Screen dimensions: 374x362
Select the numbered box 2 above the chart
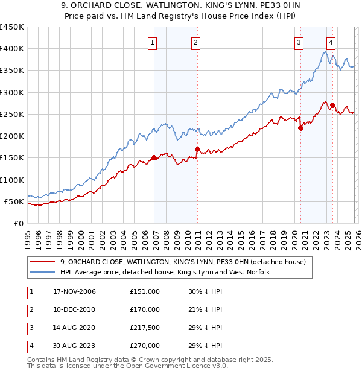(197, 42)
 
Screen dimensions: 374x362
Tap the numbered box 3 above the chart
(299, 42)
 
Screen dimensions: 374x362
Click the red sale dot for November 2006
(154, 157)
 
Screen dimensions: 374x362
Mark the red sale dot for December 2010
(197, 149)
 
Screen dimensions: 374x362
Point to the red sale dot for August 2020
(300, 128)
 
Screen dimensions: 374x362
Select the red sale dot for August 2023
(333, 105)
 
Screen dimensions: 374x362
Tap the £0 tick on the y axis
(19, 223)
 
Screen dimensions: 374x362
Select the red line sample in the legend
(43, 262)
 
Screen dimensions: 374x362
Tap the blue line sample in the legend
(43, 273)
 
